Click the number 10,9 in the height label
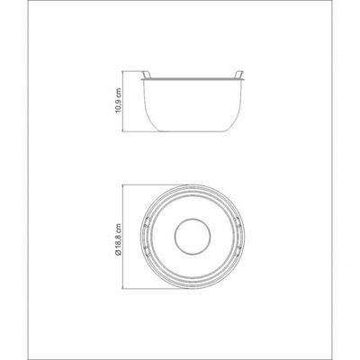pyautogui.click(x=118, y=105)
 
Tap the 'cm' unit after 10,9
pyautogui.click(x=118, y=92)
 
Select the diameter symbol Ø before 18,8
pyautogui.click(x=118, y=253)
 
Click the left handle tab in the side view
pyautogui.click(x=146, y=75)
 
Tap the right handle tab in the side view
pyautogui.click(x=238, y=75)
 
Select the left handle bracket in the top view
pyautogui.click(x=147, y=237)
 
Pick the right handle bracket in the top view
pyautogui.click(x=238, y=237)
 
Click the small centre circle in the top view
pyautogui.click(x=193, y=219)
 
